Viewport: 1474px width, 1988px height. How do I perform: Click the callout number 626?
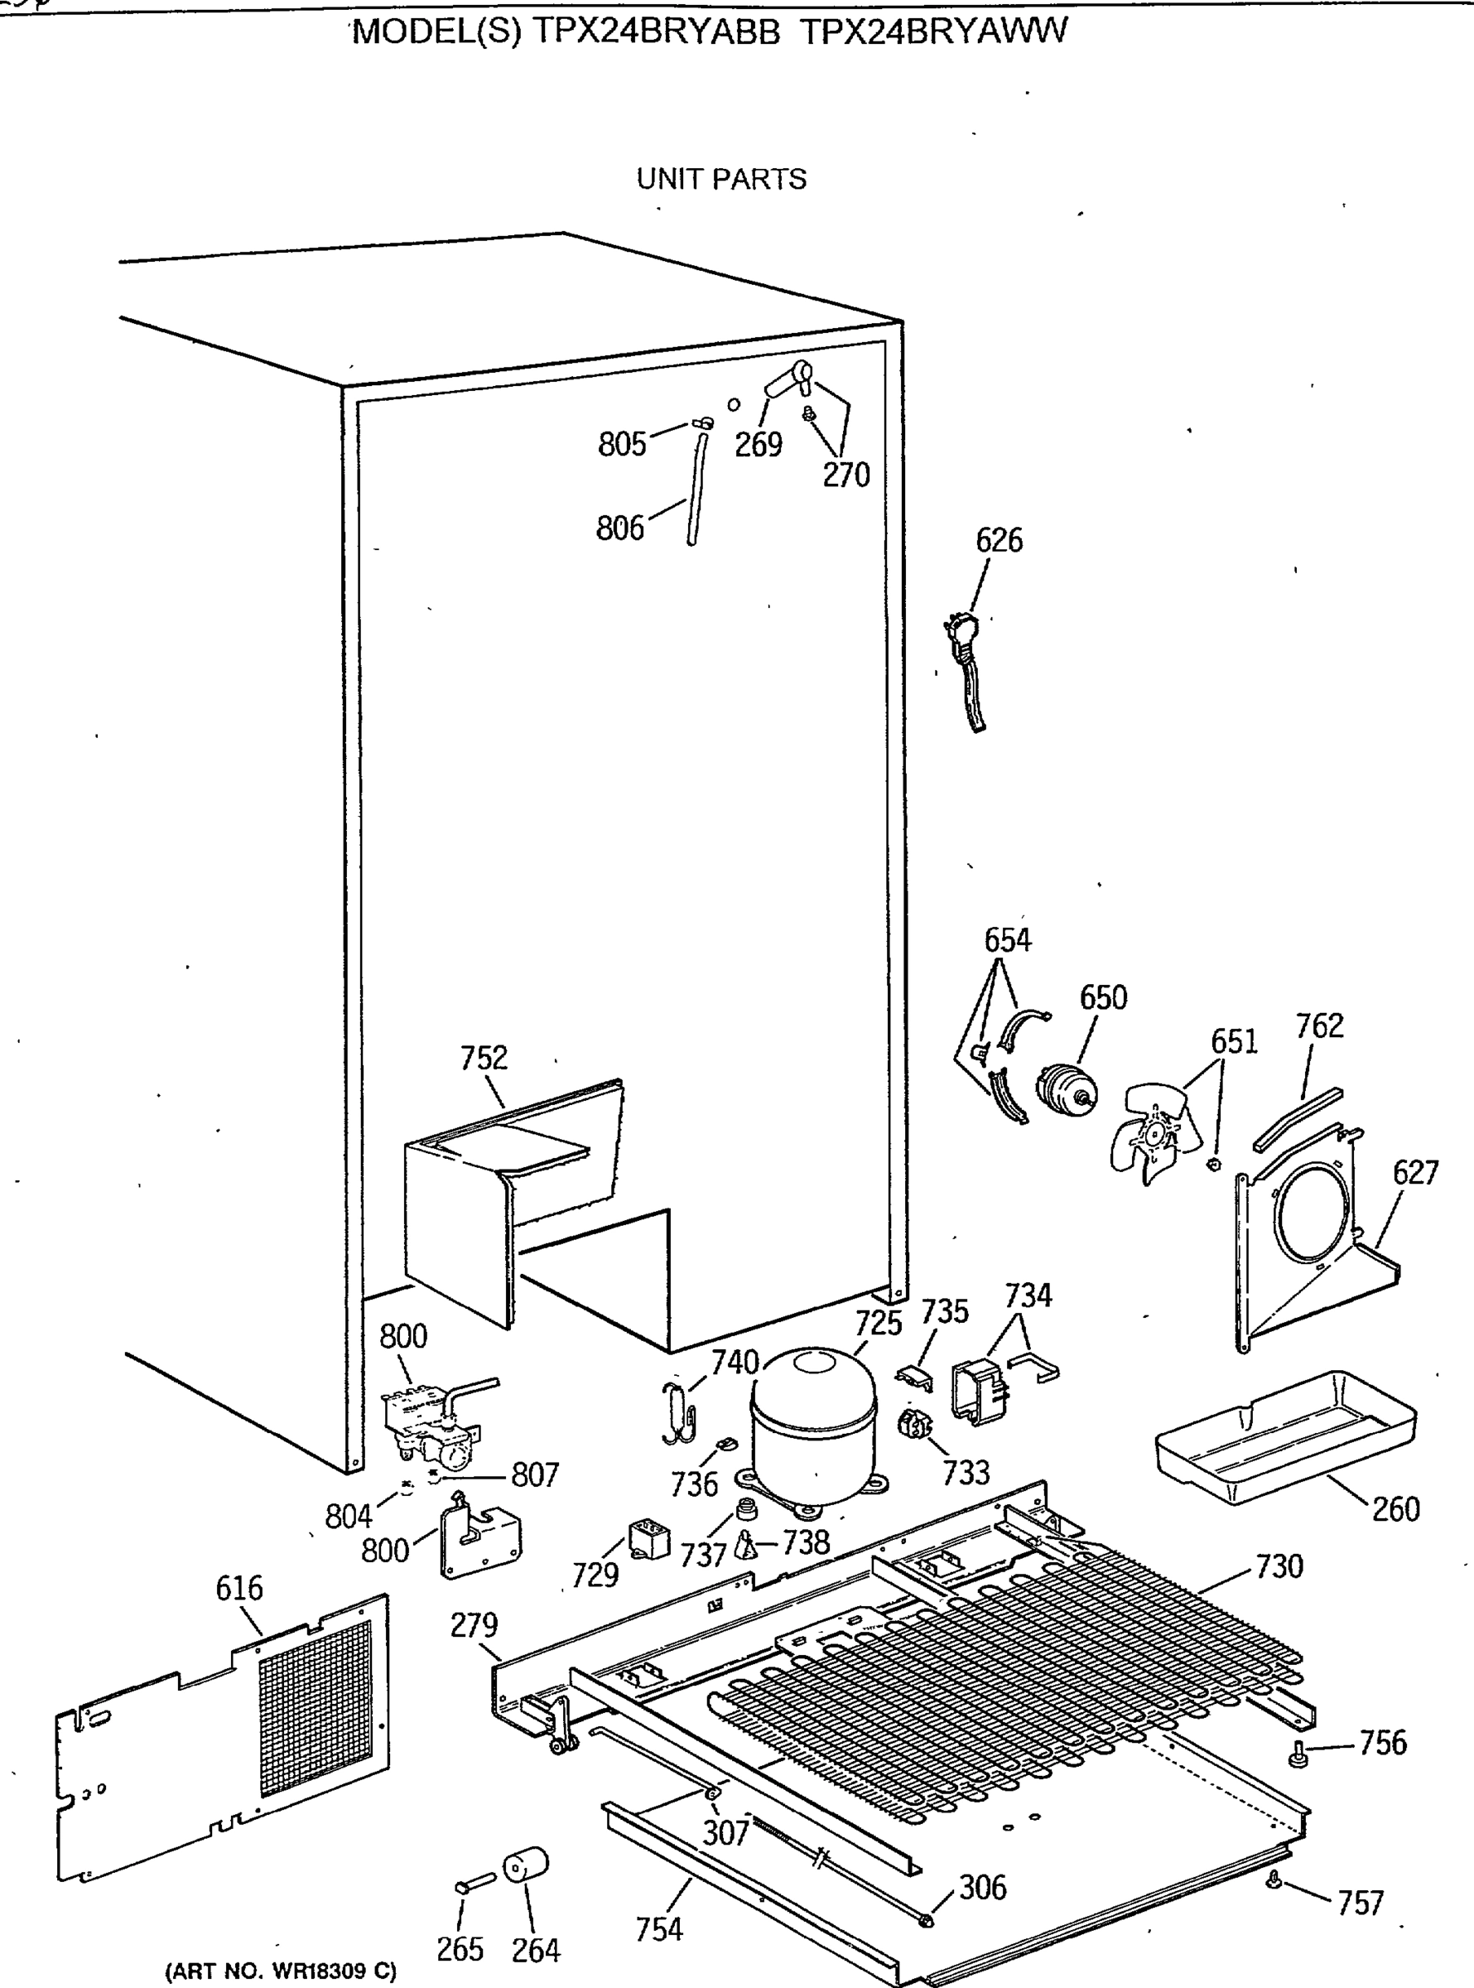999,541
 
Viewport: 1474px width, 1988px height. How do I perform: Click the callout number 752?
484,1059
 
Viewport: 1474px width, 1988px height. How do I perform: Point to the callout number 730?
1279,1566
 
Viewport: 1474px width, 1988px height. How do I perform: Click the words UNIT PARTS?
721,180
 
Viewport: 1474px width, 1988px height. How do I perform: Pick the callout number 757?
1360,1904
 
